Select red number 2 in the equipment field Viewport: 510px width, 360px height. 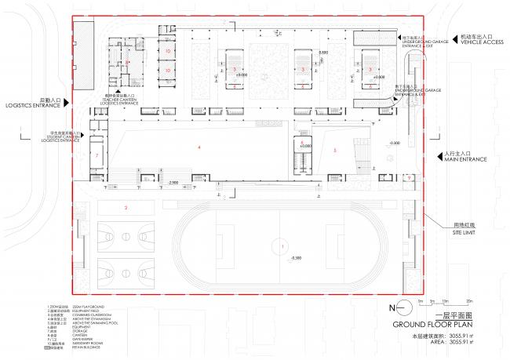tap(126, 207)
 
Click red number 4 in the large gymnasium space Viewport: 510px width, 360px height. tap(199, 147)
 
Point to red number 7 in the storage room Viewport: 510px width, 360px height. tap(96, 155)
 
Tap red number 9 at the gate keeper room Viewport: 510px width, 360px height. tap(409, 178)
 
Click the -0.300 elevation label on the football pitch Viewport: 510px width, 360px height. tap(295, 258)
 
